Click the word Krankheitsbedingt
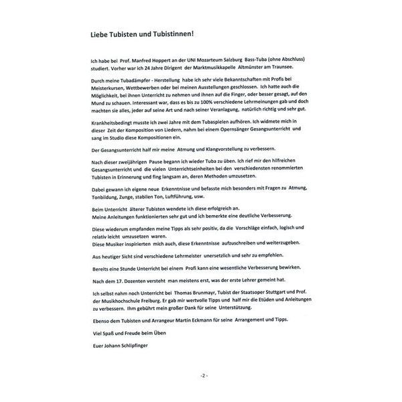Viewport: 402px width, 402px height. click(115, 125)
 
